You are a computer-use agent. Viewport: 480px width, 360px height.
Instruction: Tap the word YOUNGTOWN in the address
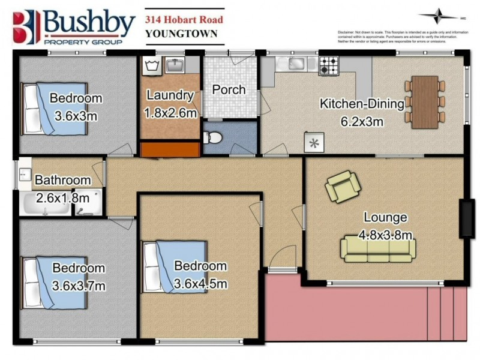click(x=181, y=33)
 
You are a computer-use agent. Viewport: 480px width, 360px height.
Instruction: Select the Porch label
click(x=229, y=90)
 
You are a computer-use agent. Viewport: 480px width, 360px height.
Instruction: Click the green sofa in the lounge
click(x=378, y=248)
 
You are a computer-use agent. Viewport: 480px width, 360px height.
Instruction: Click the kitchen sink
click(x=295, y=63)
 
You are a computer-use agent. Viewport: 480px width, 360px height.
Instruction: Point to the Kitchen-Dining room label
click(x=362, y=104)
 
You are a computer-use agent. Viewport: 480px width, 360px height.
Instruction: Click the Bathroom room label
click(x=63, y=180)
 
